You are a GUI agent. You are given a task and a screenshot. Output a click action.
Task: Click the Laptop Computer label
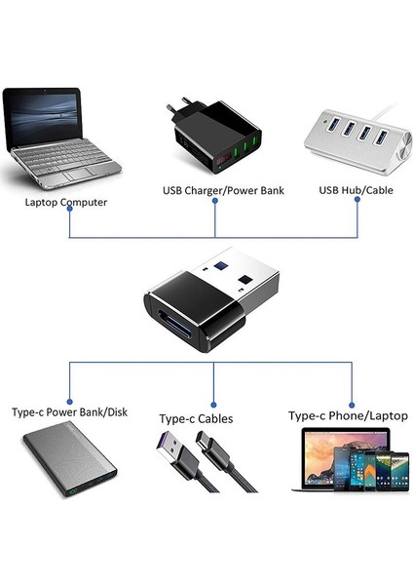(66, 203)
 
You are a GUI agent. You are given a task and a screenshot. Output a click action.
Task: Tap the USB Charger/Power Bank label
(222, 189)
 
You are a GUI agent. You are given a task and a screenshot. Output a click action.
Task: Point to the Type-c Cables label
(196, 418)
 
